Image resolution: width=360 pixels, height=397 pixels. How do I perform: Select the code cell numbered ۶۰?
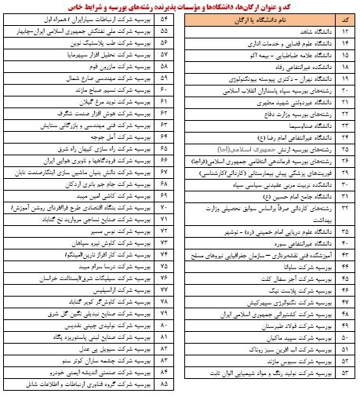click(x=165, y=102)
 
